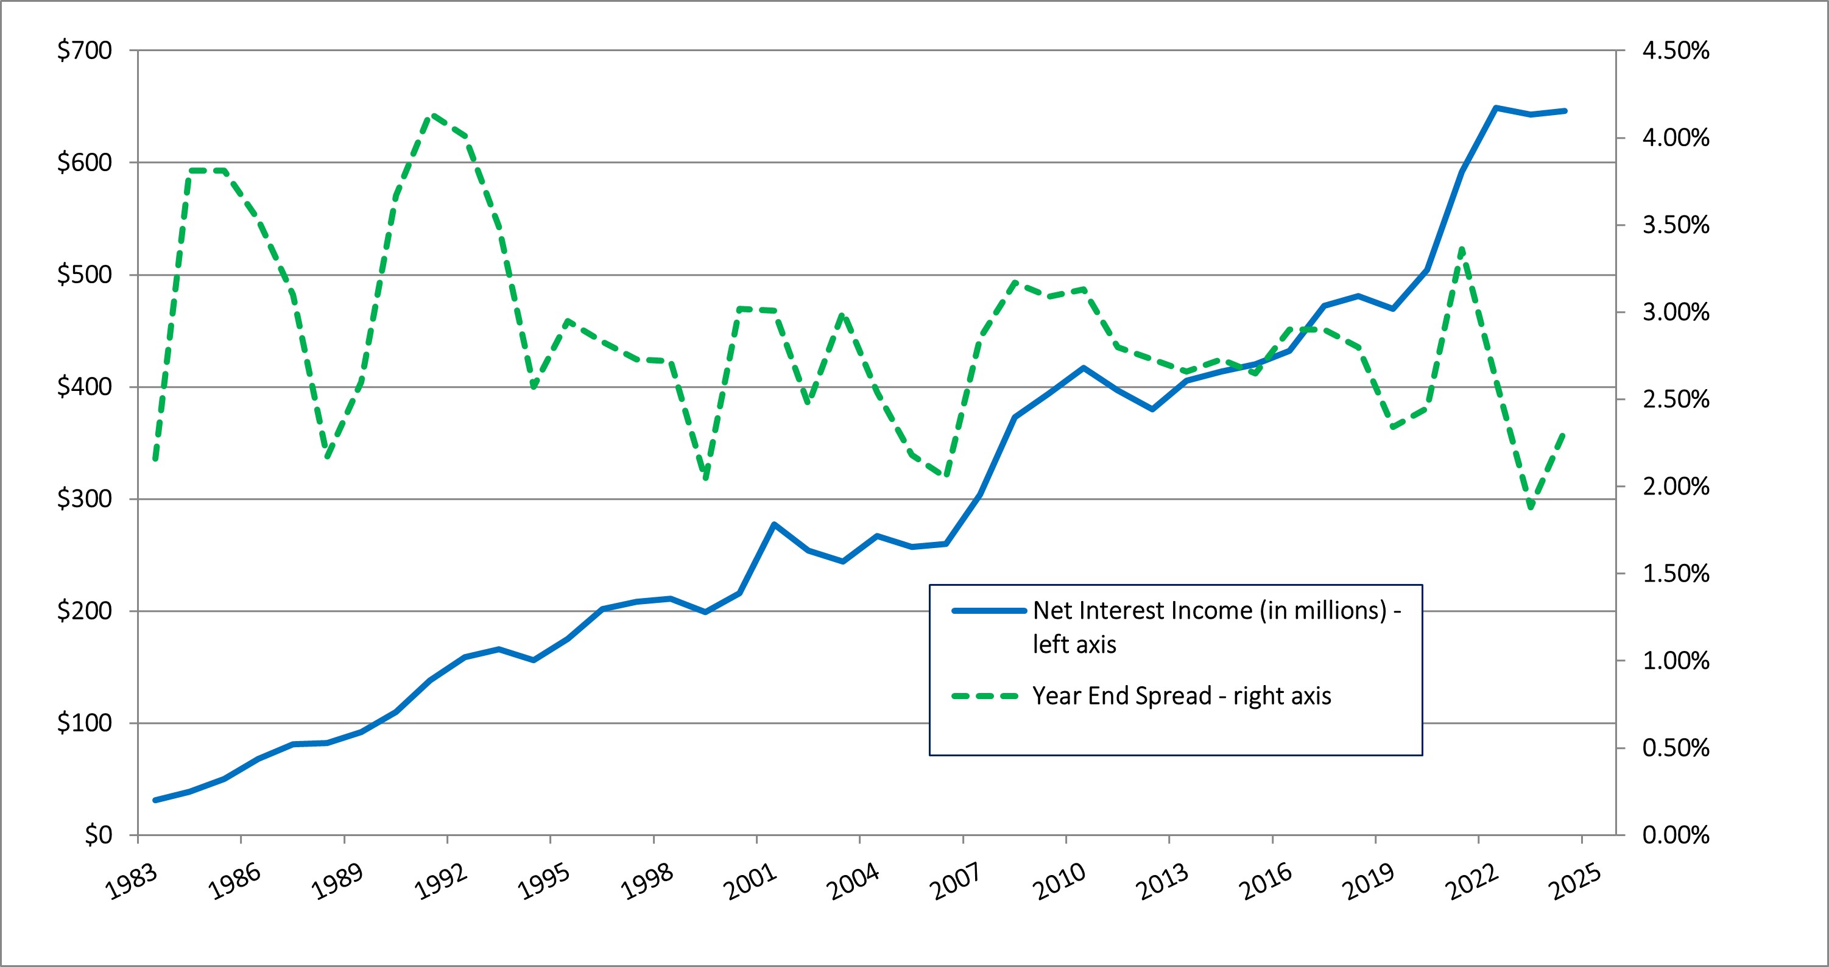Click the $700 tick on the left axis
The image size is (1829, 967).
(85, 51)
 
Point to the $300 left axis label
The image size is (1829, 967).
(85, 499)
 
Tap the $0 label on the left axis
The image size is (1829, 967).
(98, 835)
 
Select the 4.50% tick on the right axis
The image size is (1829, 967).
(1676, 51)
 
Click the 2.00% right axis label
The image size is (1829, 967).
(1676, 487)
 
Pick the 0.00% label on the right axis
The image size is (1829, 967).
(1676, 835)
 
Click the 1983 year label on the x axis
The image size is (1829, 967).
(132, 882)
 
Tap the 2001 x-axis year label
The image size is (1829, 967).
(750, 882)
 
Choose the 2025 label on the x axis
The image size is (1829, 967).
(1575, 882)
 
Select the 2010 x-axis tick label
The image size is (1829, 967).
(1059, 882)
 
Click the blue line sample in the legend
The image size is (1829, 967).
(989, 611)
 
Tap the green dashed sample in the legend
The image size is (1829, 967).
(989, 697)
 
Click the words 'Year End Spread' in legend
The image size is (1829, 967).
(1122, 697)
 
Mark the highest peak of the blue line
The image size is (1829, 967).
(1496, 108)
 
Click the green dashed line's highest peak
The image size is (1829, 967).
(434, 115)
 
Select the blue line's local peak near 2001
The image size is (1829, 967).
(774, 525)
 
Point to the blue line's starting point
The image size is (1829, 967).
(155, 800)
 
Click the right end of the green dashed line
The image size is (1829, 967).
(1565, 433)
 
